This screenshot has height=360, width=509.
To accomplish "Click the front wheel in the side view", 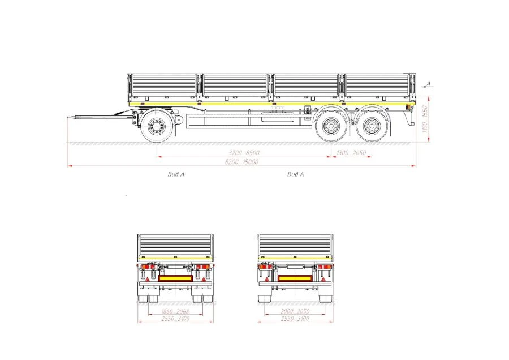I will tap(156, 126).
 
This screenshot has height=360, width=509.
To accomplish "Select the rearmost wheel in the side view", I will tap(372, 126).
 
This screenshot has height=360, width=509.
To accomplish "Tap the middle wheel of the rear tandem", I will tap(329, 126).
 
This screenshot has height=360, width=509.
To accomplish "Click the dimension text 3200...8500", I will tap(244, 153).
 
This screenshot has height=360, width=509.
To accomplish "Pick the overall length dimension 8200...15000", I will tap(243, 162).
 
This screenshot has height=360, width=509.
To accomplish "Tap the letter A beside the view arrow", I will tap(428, 84).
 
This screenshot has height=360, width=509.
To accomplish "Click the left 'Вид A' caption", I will tap(176, 174).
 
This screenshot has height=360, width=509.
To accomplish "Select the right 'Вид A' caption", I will tap(295, 174).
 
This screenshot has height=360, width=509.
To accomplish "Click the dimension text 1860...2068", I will tap(175, 312).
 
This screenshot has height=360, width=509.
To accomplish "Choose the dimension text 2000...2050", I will tap(295, 312).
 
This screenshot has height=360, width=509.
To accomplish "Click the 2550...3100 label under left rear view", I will tap(175, 319).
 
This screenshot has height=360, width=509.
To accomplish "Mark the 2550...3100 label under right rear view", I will tap(295, 319).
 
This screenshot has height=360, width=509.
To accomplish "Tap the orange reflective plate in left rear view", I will tap(175, 278).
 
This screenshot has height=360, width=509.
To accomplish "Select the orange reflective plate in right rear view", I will tap(295, 278).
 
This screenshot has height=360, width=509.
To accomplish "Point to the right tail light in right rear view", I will tap(324, 266).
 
